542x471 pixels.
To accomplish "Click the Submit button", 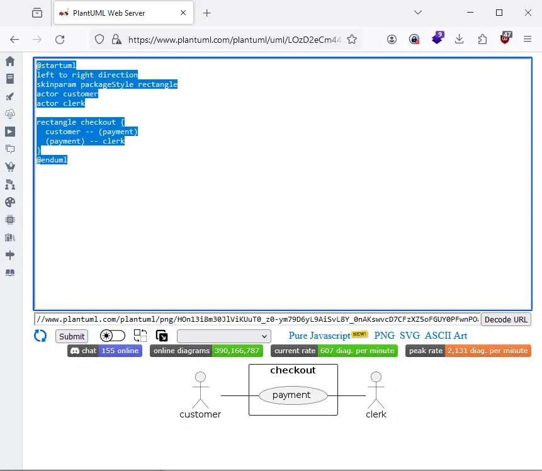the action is coord(72,336).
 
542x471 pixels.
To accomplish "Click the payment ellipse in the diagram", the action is coord(293,395).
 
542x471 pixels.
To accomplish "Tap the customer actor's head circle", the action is coord(200,377).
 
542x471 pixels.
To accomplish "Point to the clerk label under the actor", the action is coord(376,414).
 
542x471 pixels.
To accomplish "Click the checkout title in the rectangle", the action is coord(293,370).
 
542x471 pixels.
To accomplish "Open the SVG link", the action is coord(410,336).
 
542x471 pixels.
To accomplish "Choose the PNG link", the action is coord(384,336).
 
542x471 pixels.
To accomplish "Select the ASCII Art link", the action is coord(446,336).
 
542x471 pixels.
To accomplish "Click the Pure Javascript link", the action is coord(319,336).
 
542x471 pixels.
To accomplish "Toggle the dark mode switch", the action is coord(112,336).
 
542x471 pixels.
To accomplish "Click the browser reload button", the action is coord(60,40).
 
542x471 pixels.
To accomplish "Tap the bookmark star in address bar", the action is coord(352,40).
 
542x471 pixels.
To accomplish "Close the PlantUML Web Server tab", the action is coord(183,13).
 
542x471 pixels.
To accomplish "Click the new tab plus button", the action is coord(206,13).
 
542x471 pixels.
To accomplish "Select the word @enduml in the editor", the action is coord(52,160).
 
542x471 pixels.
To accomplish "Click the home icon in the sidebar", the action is coord(10,61).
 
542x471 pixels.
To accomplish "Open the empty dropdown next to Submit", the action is coord(223,336).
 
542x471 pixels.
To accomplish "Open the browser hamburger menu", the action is coord(527,39).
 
